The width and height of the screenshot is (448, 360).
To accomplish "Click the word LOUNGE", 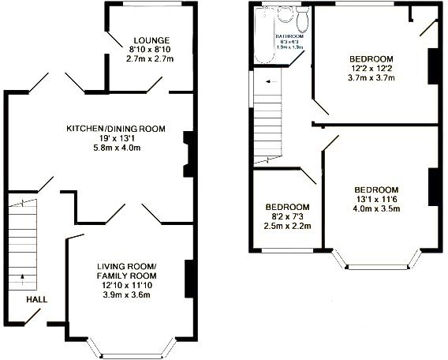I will pos(151,39).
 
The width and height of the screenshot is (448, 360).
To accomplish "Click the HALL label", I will pos(36,300).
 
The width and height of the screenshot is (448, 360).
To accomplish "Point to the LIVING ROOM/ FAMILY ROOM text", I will pos(127,271).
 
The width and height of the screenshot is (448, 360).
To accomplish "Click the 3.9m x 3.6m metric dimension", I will pos(127,295).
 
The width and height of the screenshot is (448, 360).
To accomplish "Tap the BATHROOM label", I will pos(289,36).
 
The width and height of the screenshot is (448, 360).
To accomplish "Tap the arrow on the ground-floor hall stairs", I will pos(22,276).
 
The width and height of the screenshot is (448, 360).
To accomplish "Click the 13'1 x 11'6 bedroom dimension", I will pos(377,200).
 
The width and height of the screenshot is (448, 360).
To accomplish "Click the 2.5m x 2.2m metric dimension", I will pos(287,226).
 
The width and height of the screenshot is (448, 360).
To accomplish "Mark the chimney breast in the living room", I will pos(189,276).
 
